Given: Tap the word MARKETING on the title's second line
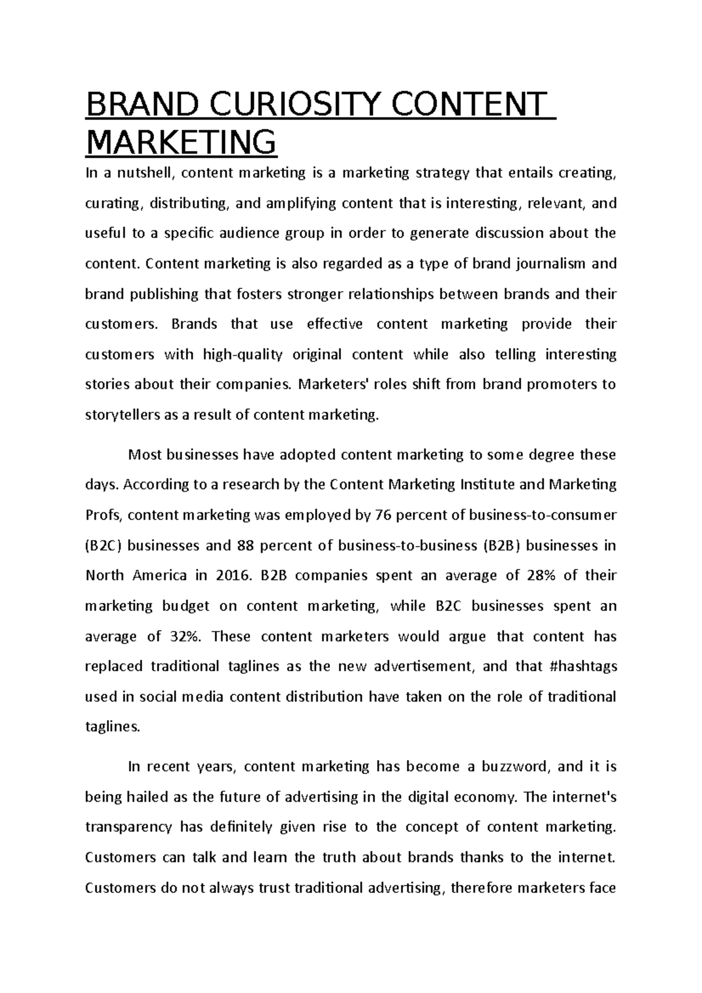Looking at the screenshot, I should (x=181, y=142).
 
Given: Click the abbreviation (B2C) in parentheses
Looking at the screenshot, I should (x=103, y=546).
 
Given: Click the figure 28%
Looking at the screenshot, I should (x=542, y=575).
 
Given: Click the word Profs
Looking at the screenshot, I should (x=103, y=515).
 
